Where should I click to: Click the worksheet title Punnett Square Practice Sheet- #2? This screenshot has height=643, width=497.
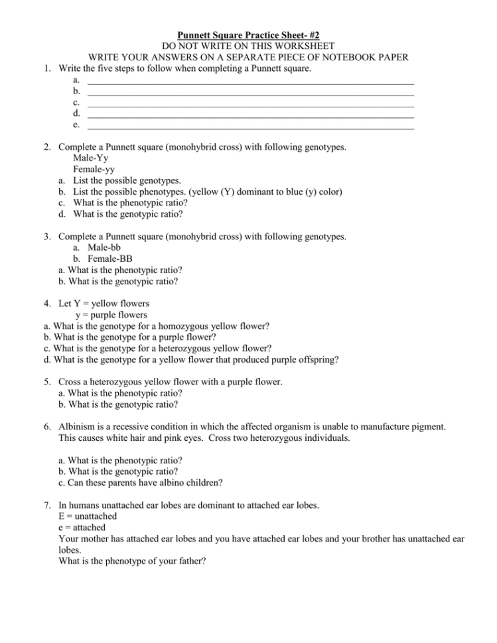click(248, 34)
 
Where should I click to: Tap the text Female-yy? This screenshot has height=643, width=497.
click(94, 169)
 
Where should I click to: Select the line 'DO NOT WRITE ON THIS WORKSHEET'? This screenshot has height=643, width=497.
click(248, 45)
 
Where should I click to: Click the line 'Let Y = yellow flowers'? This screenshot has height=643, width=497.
click(104, 304)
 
